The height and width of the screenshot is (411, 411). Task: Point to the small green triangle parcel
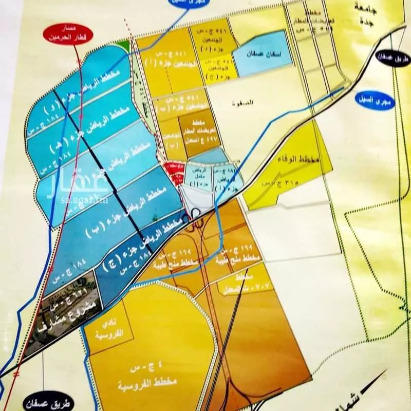pyautogui.click(x=121, y=45)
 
